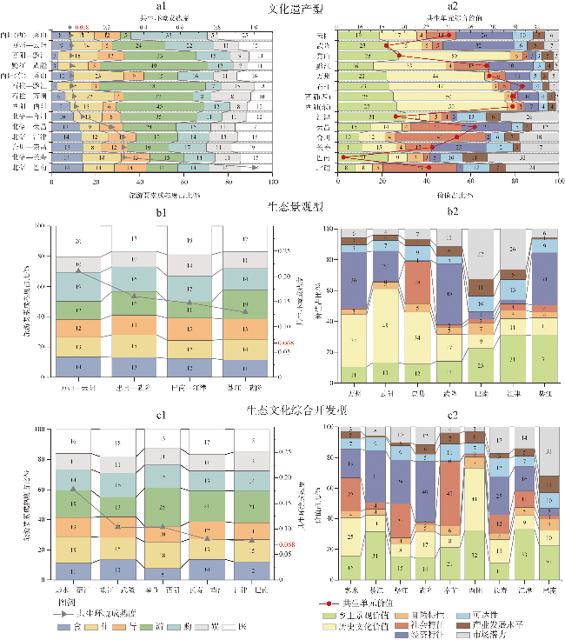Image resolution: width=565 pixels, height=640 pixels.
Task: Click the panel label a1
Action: click(x=161, y=8)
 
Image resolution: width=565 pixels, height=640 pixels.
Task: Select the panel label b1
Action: click(x=161, y=211)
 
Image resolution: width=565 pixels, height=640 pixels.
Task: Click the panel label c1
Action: click(x=161, y=415)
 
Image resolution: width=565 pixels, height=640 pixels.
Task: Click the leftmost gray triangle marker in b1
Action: click(x=79, y=271)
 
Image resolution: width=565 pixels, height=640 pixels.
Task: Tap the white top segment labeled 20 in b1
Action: click(x=79, y=242)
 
